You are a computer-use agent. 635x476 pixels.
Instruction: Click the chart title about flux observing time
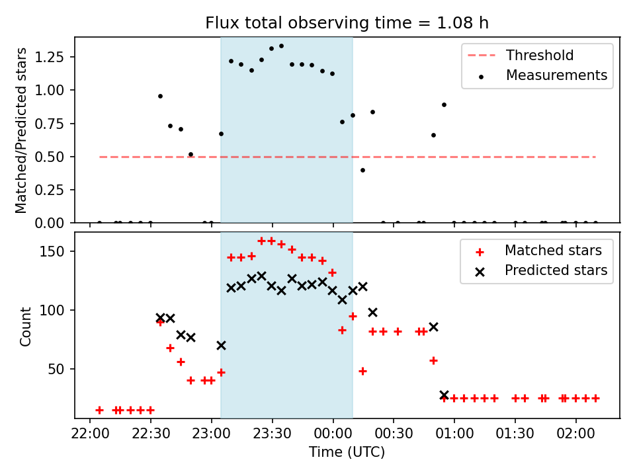click(x=347, y=22)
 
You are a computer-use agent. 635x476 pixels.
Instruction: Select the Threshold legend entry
click(x=521, y=55)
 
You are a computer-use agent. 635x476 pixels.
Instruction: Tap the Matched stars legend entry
click(x=538, y=251)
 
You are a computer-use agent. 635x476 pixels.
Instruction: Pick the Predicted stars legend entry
click(x=541, y=270)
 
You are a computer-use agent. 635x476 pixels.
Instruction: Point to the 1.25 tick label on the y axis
click(x=49, y=57)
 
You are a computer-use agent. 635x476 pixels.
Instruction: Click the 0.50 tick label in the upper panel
click(x=49, y=157)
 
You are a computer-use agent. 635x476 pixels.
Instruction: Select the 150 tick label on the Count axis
click(x=52, y=251)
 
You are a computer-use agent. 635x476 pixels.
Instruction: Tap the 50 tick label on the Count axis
click(x=56, y=369)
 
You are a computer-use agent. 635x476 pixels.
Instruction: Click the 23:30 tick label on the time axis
click(x=272, y=434)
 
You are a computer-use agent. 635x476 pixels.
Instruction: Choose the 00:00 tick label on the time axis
click(x=333, y=434)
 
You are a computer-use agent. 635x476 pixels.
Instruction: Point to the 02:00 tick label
click(x=575, y=434)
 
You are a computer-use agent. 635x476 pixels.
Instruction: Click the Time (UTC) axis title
click(x=347, y=452)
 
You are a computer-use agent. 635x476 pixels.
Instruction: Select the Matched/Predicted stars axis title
click(x=21, y=130)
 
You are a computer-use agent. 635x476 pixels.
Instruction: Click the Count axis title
click(x=25, y=326)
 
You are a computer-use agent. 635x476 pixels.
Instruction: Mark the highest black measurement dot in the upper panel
click(x=282, y=46)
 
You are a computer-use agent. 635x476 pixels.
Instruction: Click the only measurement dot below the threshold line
click(x=363, y=171)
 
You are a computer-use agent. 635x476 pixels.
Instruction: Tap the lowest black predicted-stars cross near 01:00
click(x=444, y=395)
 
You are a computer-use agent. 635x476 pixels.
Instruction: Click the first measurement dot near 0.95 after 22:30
click(x=160, y=97)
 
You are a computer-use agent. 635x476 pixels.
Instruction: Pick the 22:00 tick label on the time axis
click(x=90, y=434)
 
